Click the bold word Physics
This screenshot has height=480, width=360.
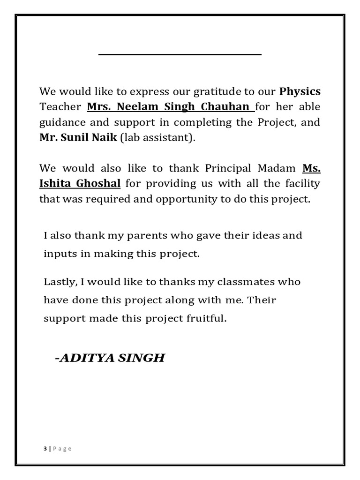[300, 90]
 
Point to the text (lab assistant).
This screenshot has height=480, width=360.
[151, 138]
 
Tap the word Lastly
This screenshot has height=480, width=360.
[60, 282]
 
